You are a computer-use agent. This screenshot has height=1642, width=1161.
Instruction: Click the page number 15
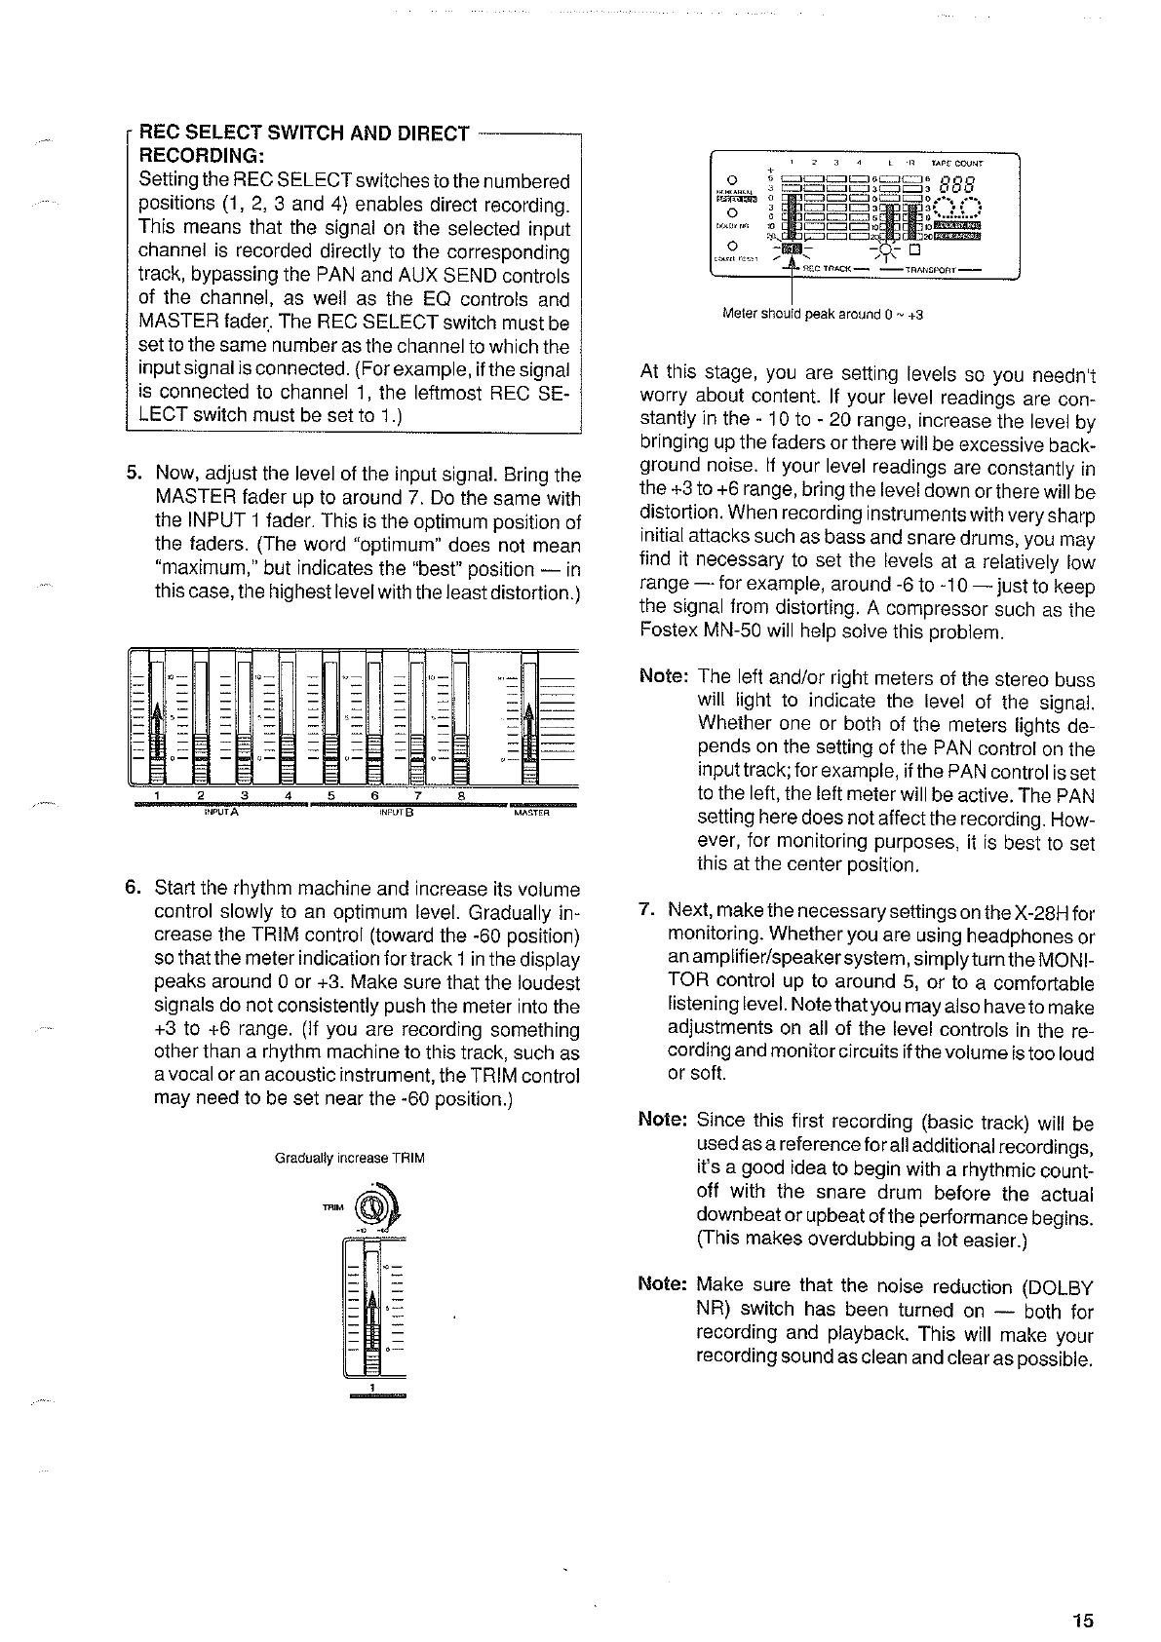1082,1566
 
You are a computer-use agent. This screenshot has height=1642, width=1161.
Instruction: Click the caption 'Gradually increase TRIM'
350,1159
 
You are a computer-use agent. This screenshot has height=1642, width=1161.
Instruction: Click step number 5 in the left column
135,476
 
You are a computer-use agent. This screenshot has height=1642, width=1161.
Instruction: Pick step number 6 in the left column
135,889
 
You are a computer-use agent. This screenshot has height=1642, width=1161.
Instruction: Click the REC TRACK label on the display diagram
830,269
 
